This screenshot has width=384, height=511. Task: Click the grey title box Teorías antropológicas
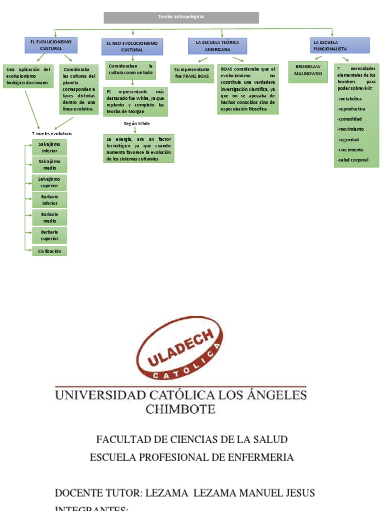coord(181,17)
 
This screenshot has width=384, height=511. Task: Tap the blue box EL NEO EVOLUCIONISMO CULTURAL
coord(131,47)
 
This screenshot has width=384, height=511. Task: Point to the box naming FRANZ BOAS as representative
coord(192,73)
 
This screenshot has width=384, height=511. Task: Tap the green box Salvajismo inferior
coord(49,147)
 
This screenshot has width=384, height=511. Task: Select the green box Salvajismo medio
coord(49,165)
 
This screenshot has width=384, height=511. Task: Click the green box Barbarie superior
coord(49,235)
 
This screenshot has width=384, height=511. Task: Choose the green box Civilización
coord(49,251)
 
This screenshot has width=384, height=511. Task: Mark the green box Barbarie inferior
coord(49,200)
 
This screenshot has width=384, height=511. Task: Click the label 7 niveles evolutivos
coord(52,134)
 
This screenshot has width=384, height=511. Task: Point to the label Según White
coord(136,123)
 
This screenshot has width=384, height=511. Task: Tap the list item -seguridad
coord(348,140)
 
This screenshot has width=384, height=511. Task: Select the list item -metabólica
coord(349,99)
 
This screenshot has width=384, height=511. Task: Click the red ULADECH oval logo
coord(178,348)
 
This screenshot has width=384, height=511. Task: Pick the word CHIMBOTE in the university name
coord(180,410)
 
